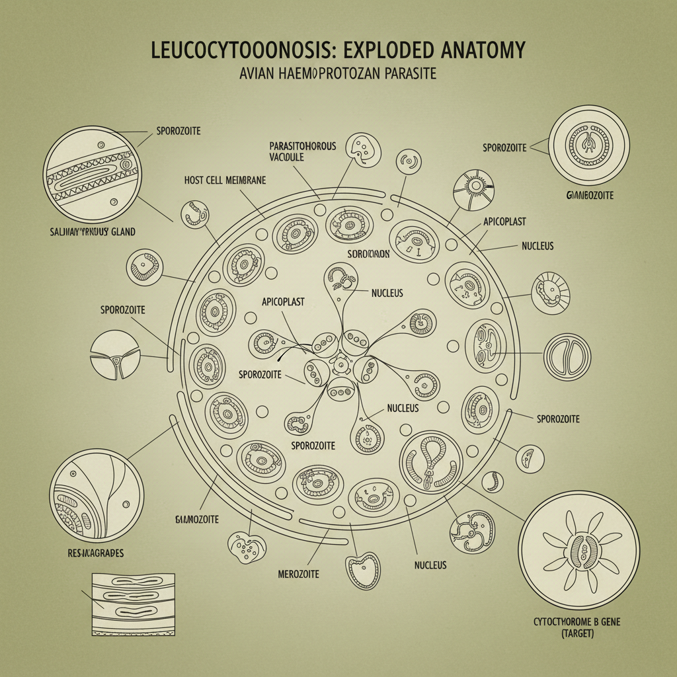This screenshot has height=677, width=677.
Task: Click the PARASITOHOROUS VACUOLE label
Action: pyautogui.click(x=303, y=151)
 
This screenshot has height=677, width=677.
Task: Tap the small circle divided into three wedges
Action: pyautogui.click(x=115, y=355)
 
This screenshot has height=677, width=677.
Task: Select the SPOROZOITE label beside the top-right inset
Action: pyautogui.click(x=504, y=147)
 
